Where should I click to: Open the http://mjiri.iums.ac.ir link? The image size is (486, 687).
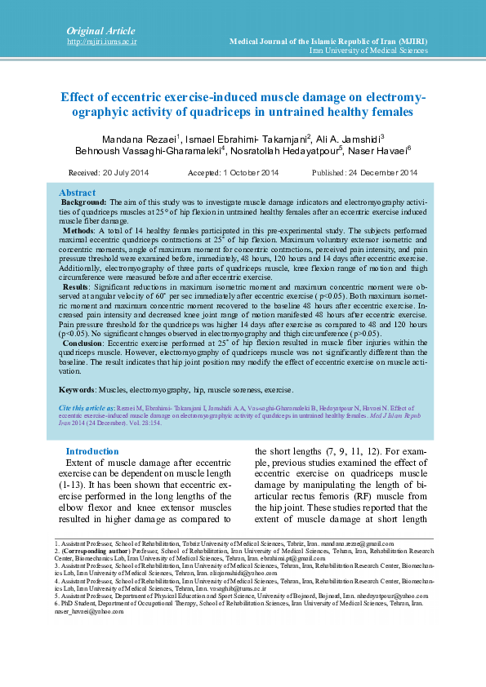(x=102, y=41)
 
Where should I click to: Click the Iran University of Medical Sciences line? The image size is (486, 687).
(x=368, y=51)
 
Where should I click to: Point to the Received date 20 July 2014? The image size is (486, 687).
(x=109, y=173)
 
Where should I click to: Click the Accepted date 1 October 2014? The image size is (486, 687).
(x=233, y=173)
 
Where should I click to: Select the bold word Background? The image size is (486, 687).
(x=84, y=201)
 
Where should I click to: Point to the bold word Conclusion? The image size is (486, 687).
(x=85, y=343)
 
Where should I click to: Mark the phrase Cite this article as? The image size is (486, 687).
(x=87, y=406)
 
